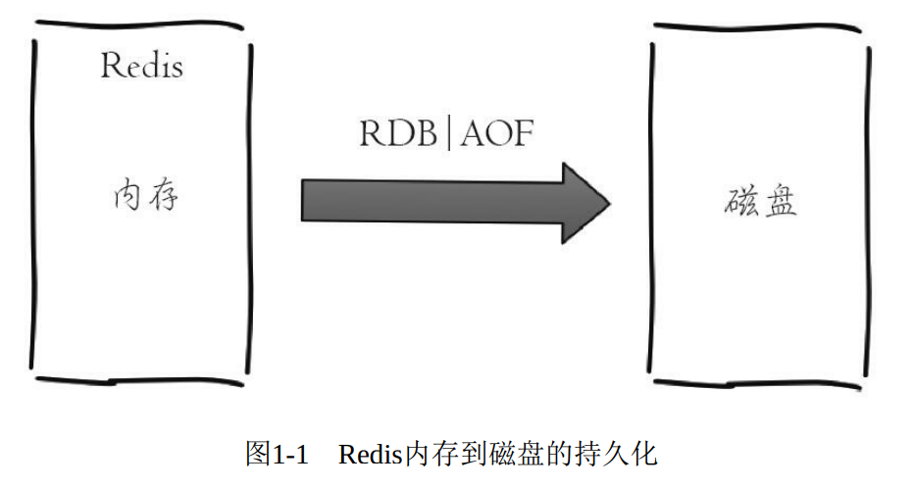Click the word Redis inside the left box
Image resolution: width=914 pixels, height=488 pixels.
pos(141,67)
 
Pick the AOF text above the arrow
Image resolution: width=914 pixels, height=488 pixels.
pos(495,133)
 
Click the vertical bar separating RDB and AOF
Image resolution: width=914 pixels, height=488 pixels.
pos(448,133)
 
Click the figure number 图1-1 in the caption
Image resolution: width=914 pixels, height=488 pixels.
pos(277,455)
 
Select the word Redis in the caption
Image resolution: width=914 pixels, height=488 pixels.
pos(371,455)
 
